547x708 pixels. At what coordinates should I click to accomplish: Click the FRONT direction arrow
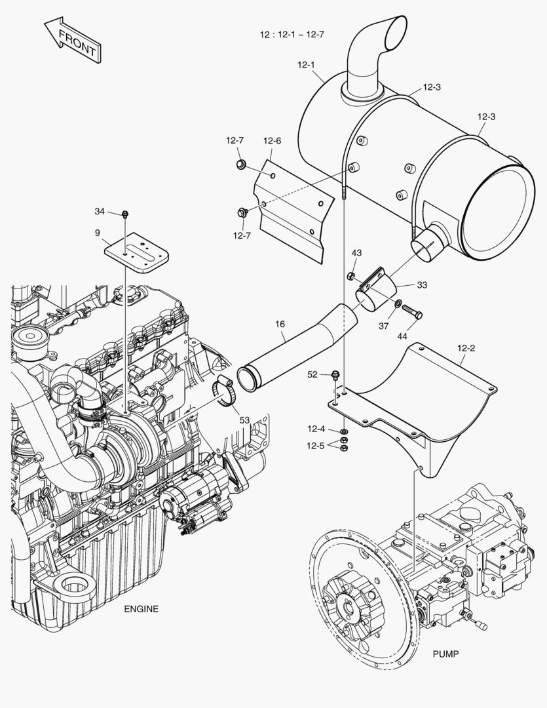72,41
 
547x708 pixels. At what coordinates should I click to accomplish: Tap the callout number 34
100,211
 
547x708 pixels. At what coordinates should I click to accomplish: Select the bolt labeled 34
124,214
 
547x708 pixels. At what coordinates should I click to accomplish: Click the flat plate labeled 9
137,252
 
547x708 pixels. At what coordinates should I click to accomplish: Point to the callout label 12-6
272,140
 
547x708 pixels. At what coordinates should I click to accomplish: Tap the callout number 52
313,374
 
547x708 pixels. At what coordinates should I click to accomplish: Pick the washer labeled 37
398,303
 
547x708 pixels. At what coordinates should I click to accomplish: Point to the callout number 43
356,253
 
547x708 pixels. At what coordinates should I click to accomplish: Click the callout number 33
422,285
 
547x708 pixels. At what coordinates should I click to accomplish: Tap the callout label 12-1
306,65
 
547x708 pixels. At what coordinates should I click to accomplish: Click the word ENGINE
141,609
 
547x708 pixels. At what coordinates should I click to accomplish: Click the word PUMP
445,654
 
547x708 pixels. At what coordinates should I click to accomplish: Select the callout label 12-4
316,429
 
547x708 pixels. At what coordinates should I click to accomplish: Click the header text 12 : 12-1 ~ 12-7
292,34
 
